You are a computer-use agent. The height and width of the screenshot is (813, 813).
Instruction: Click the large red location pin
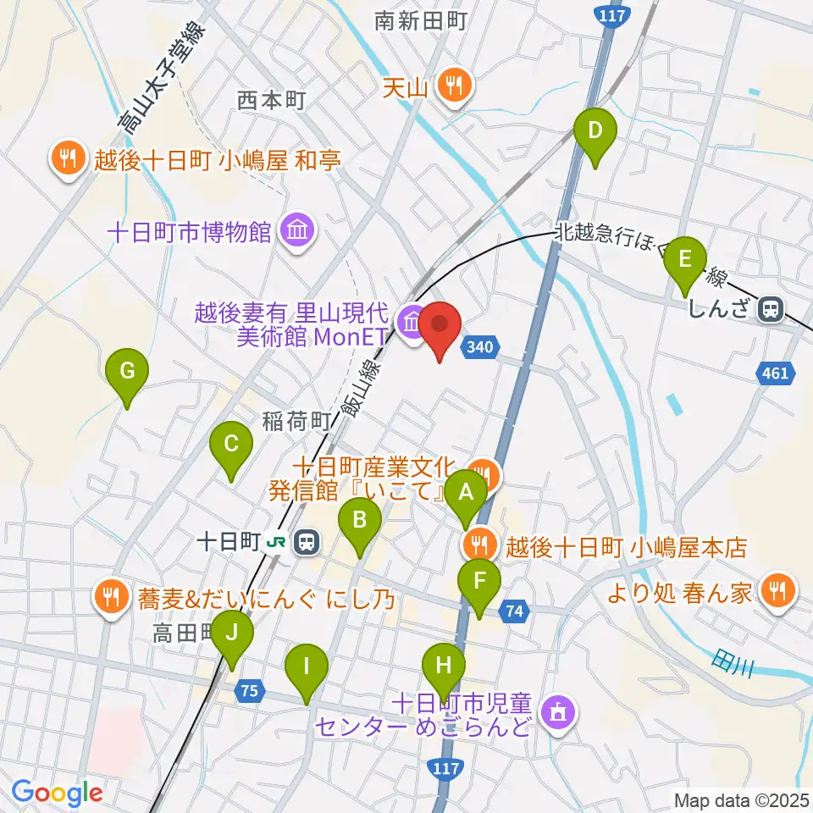tap(440, 326)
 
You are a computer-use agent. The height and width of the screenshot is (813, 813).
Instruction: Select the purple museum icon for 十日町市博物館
tap(297, 230)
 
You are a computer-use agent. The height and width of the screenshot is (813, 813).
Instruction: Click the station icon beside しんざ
tap(771, 309)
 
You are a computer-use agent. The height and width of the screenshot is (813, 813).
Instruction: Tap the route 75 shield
tap(248, 691)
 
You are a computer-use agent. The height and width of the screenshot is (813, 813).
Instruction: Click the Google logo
tap(57, 794)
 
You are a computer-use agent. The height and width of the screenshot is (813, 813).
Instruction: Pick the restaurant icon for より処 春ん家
tap(776, 589)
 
